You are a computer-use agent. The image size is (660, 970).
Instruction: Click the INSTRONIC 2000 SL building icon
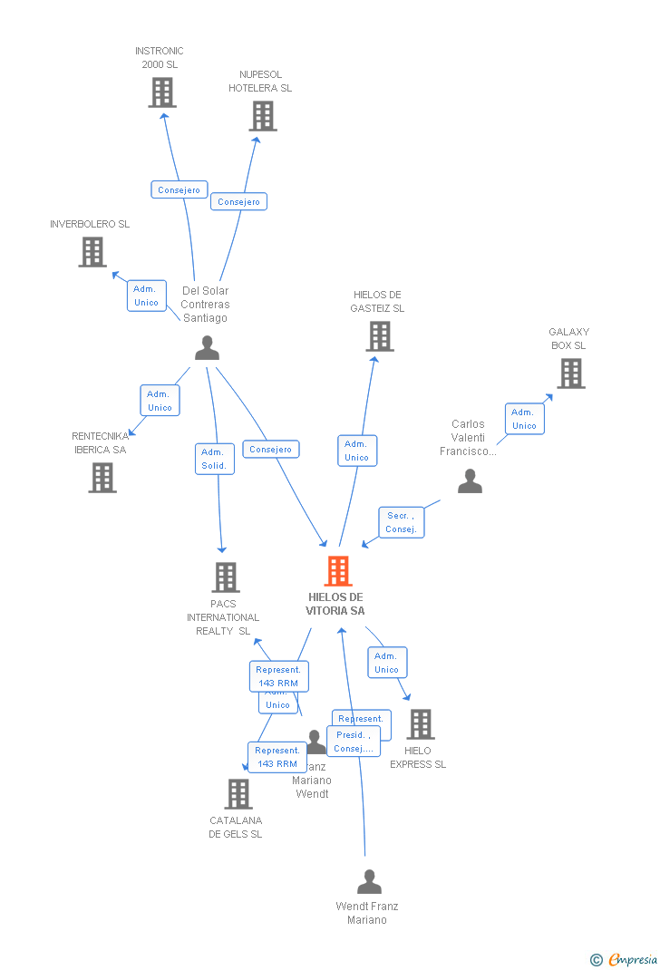[x=162, y=92]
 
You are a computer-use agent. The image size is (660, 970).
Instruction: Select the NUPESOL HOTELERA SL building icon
[x=263, y=116]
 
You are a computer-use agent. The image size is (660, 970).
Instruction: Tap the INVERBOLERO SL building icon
[x=92, y=252]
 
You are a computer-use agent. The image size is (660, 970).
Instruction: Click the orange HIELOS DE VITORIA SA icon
[x=338, y=571]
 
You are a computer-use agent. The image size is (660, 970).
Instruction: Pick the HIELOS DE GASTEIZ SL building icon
[x=379, y=336]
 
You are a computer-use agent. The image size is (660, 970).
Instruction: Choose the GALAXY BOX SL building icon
[x=570, y=373]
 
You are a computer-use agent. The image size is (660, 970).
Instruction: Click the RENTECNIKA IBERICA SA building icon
[x=102, y=478]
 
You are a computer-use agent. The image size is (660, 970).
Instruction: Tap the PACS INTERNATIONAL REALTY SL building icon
[x=226, y=577]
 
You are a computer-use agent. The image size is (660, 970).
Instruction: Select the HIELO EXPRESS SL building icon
[x=420, y=724]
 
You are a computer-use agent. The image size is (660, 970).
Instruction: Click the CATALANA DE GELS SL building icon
[x=238, y=794]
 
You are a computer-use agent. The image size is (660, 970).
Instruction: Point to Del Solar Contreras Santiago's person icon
[x=208, y=348]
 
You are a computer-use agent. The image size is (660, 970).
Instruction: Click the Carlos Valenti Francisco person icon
[x=470, y=481]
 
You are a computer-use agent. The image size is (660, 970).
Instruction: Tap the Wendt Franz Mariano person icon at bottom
[x=369, y=882]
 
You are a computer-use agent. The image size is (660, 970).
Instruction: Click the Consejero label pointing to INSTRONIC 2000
[x=179, y=190]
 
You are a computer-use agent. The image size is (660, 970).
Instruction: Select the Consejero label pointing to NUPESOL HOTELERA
[x=238, y=202]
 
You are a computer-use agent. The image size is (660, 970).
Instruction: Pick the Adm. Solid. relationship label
[x=214, y=459]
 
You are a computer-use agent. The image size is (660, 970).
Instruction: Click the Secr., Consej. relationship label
[x=401, y=522]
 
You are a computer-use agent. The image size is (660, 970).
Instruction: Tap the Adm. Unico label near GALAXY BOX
[x=524, y=419]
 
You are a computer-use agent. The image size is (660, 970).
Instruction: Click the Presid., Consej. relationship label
[x=354, y=742]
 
